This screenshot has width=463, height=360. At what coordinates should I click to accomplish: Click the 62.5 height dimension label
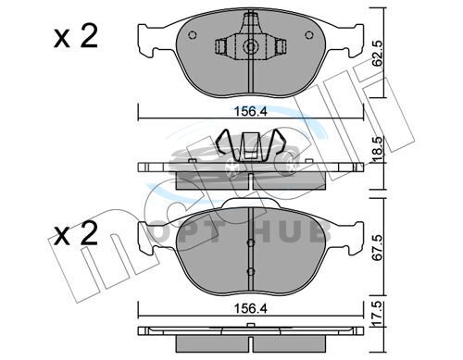[x=377, y=53]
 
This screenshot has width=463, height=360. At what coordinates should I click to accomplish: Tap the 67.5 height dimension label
[x=377, y=248]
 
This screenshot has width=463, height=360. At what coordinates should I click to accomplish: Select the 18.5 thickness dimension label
[x=379, y=151]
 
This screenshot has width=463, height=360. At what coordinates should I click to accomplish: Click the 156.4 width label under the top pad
[x=250, y=111]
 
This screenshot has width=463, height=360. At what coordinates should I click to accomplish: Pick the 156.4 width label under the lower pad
[x=250, y=308]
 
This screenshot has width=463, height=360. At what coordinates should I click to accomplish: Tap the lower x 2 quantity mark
[x=76, y=233]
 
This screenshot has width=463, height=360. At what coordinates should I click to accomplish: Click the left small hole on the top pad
[x=192, y=35]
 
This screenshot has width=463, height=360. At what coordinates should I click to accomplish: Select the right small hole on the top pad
[x=309, y=35]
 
